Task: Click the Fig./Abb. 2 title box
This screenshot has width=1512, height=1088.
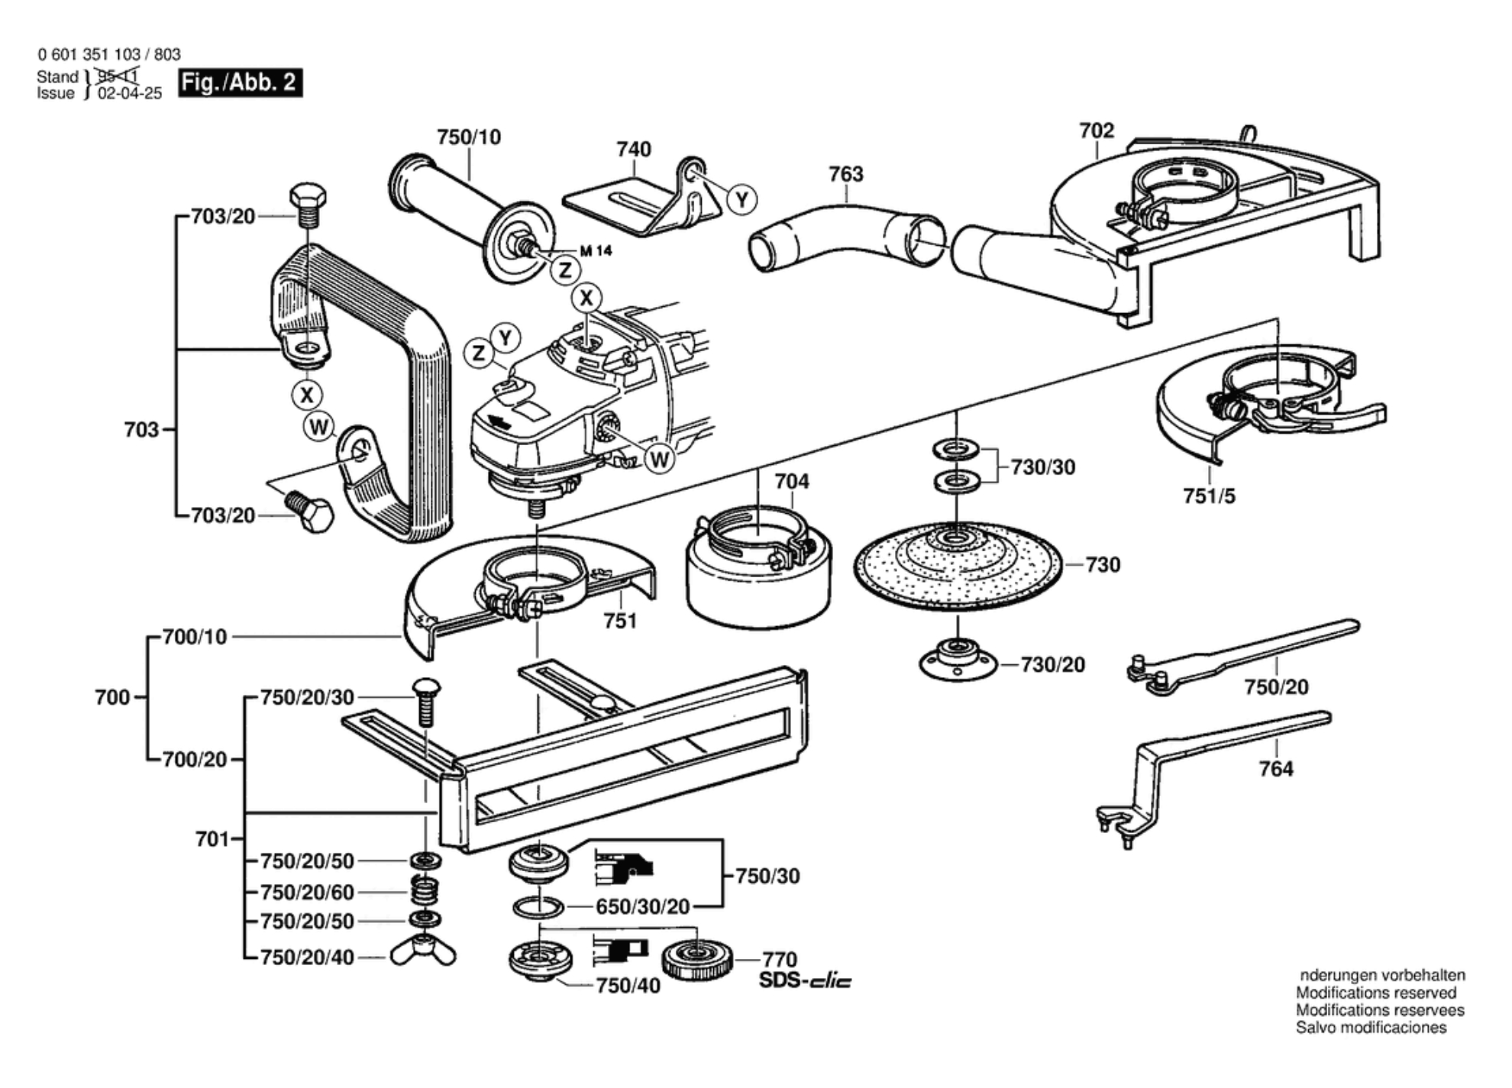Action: point(240,82)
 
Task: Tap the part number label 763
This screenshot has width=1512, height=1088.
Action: point(845,174)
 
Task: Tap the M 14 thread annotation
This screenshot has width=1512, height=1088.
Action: point(596,250)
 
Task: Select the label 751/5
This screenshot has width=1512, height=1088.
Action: point(1209,496)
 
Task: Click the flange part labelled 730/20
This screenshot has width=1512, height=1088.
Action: point(958,661)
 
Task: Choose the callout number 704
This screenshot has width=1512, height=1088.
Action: point(791,481)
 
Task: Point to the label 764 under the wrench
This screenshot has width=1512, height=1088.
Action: point(1276,769)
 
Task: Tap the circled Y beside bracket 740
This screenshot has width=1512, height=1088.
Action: point(741,200)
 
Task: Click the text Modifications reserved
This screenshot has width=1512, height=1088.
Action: point(1376,993)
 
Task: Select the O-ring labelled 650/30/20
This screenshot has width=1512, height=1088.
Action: point(538,907)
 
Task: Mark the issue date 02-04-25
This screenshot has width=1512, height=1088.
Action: point(130,93)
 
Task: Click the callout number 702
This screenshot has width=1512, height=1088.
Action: point(1096,131)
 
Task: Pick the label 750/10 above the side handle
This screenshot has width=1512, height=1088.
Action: point(469,137)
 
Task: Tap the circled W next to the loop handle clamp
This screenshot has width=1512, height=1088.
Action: point(318,427)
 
